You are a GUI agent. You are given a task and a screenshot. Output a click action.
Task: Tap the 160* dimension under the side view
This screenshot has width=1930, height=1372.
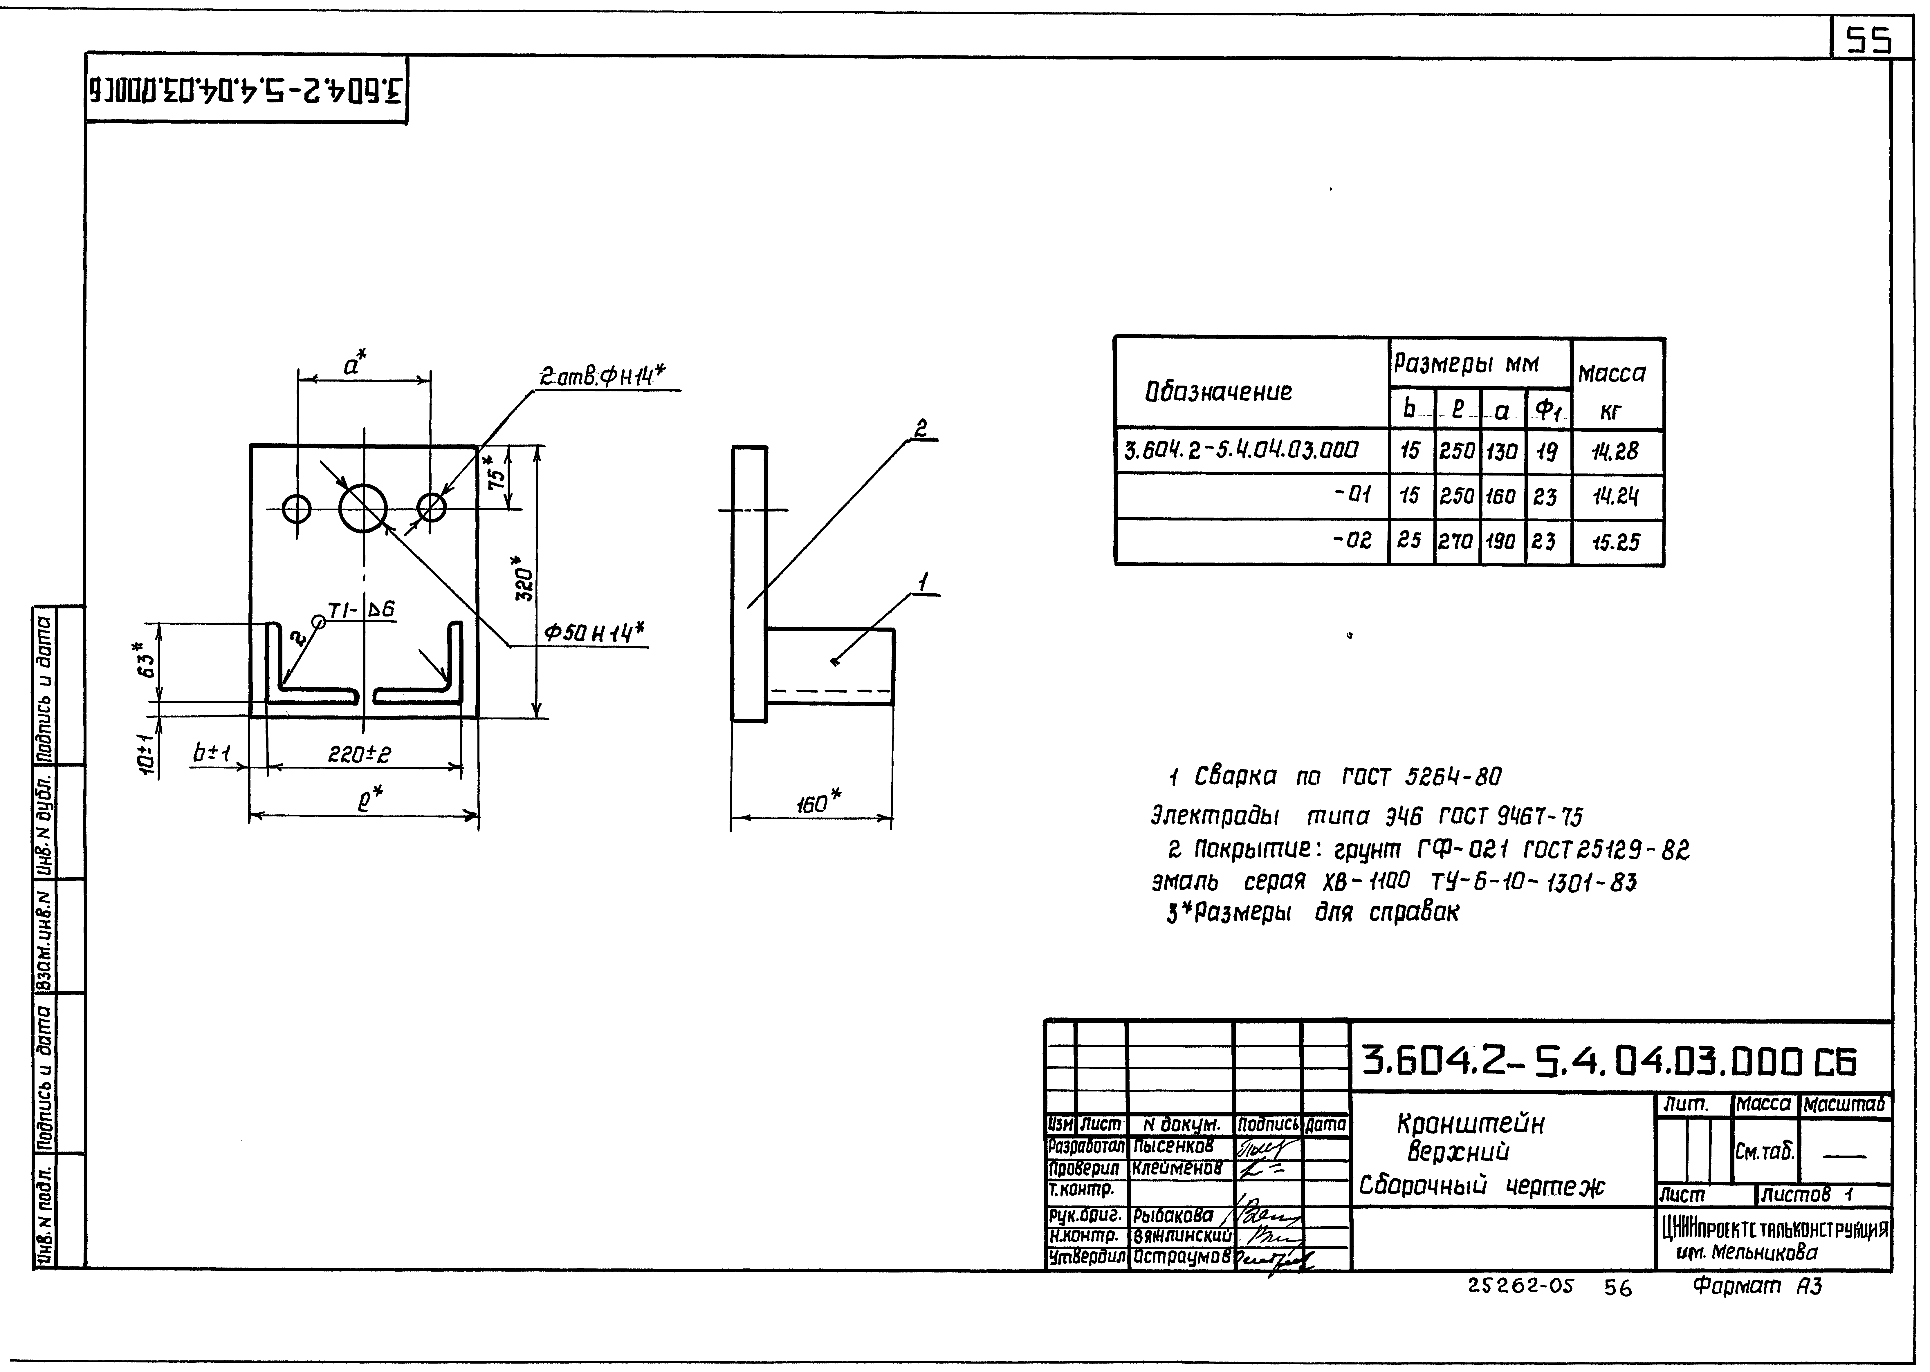tap(818, 802)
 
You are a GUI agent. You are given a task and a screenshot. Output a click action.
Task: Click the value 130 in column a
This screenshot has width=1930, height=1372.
tap(1501, 451)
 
